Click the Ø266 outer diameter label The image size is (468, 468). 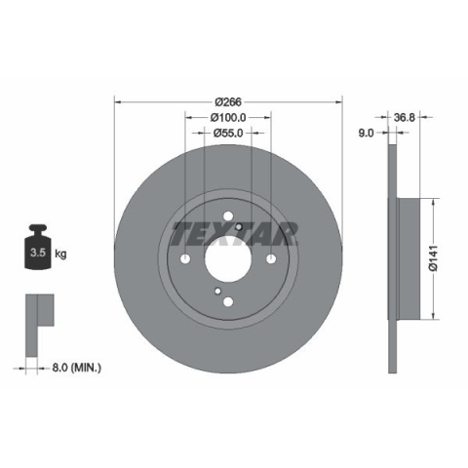click(228, 102)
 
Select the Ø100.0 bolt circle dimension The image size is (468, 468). click(228, 117)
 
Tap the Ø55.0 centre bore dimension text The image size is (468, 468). click(228, 133)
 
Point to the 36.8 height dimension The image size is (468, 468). click(405, 117)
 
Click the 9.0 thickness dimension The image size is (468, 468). click(366, 133)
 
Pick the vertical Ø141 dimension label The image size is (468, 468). click(434, 258)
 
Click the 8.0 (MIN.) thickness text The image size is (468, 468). click(77, 368)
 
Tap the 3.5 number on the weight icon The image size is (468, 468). click(38, 253)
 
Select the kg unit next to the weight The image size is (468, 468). click(60, 253)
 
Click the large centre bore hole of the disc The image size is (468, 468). click(228, 259)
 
